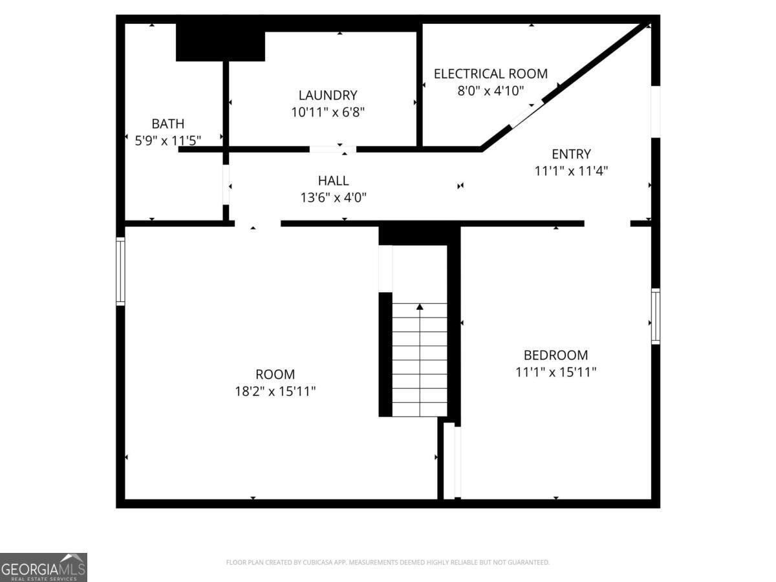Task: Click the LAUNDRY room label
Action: tap(327, 95)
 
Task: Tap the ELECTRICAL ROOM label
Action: tap(490, 74)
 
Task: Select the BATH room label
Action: tap(167, 124)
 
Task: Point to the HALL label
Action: tap(333, 180)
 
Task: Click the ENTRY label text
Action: tap(571, 154)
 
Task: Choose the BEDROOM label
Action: tap(555, 355)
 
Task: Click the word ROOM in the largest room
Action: tap(275, 374)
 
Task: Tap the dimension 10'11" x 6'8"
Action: tap(327, 112)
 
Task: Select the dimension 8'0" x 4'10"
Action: tap(490, 91)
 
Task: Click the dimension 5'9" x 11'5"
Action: tap(167, 140)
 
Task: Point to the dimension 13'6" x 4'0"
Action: tap(333, 198)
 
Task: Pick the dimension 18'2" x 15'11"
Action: tap(275, 391)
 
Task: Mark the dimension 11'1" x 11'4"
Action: tap(571, 171)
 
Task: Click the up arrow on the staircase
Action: tap(420, 308)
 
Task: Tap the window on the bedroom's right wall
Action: tap(655, 316)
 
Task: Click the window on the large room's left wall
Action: tap(120, 271)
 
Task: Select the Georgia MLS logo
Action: tap(43, 567)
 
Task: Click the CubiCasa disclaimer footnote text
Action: tap(387, 563)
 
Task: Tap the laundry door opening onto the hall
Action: tap(332, 149)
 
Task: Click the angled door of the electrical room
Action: tap(527, 114)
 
